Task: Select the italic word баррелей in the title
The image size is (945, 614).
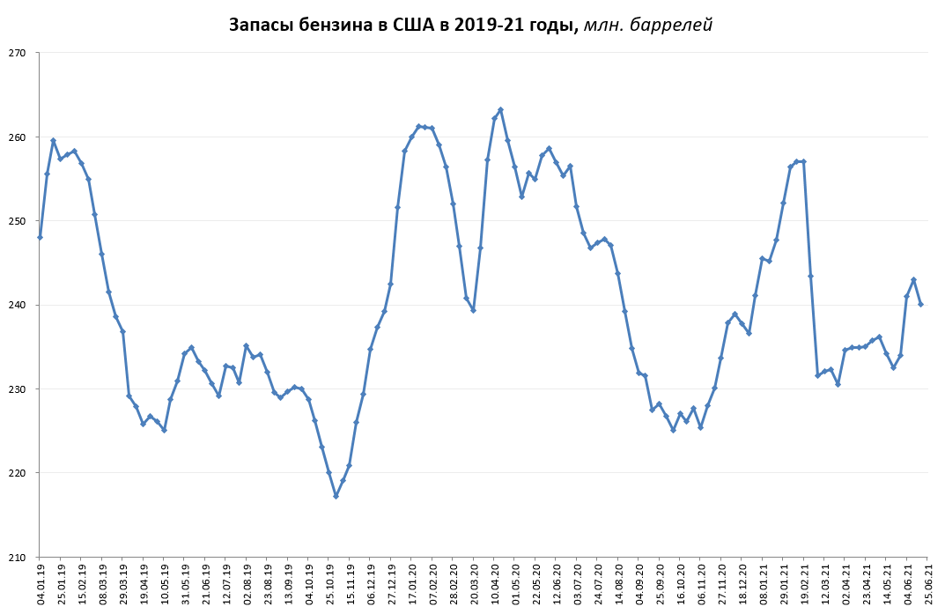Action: [x=674, y=25]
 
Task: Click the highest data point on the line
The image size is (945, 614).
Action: [x=500, y=110]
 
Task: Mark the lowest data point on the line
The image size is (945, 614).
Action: [x=336, y=496]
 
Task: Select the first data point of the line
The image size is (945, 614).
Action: [x=40, y=237]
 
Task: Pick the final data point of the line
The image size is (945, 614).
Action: [x=920, y=304]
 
